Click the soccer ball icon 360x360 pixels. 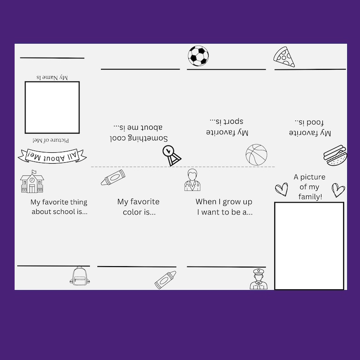tap(198, 56)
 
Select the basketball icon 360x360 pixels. tap(256, 155)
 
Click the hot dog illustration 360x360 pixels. tap(335, 155)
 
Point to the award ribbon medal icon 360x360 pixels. tap(171, 155)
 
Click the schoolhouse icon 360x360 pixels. tap(32, 182)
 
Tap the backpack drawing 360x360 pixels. tap(79, 276)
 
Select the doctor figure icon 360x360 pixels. tap(192, 180)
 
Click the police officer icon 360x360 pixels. tap(258, 279)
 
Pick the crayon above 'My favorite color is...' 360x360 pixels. tap(113, 177)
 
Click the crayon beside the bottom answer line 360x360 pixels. tap(165, 280)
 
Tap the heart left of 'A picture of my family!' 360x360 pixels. tap(282, 189)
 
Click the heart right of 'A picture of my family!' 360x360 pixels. tap(338, 190)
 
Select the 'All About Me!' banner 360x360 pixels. tap(52, 156)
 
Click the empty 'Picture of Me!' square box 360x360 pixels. tap(52, 107)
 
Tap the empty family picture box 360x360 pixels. tap(309, 246)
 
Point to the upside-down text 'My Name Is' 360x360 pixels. tap(52, 78)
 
